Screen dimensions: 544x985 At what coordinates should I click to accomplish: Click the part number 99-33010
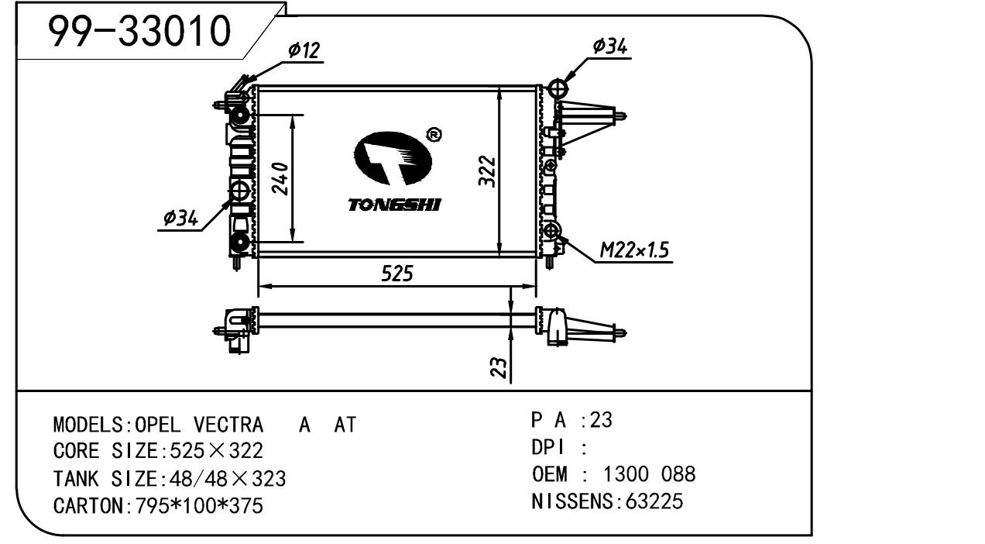pyautogui.click(x=139, y=30)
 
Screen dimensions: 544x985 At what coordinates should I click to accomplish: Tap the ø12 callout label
pyautogui.click(x=303, y=50)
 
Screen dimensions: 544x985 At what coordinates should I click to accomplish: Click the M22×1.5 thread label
pyautogui.click(x=634, y=250)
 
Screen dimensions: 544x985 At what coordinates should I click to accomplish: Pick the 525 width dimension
pyautogui.click(x=396, y=274)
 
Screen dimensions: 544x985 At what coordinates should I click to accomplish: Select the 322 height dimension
pyautogui.click(x=487, y=170)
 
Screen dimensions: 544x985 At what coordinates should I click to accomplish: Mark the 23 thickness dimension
pyautogui.click(x=500, y=367)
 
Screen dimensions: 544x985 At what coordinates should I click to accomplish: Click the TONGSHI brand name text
pyautogui.click(x=394, y=205)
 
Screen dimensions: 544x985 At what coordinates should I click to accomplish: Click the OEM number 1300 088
pyautogui.click(x=649, y=474)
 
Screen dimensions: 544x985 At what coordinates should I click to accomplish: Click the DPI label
pyautogui.click(x=549, y=447)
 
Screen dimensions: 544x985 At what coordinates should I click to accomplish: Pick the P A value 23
pyautogui.click(x=601, y=420)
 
